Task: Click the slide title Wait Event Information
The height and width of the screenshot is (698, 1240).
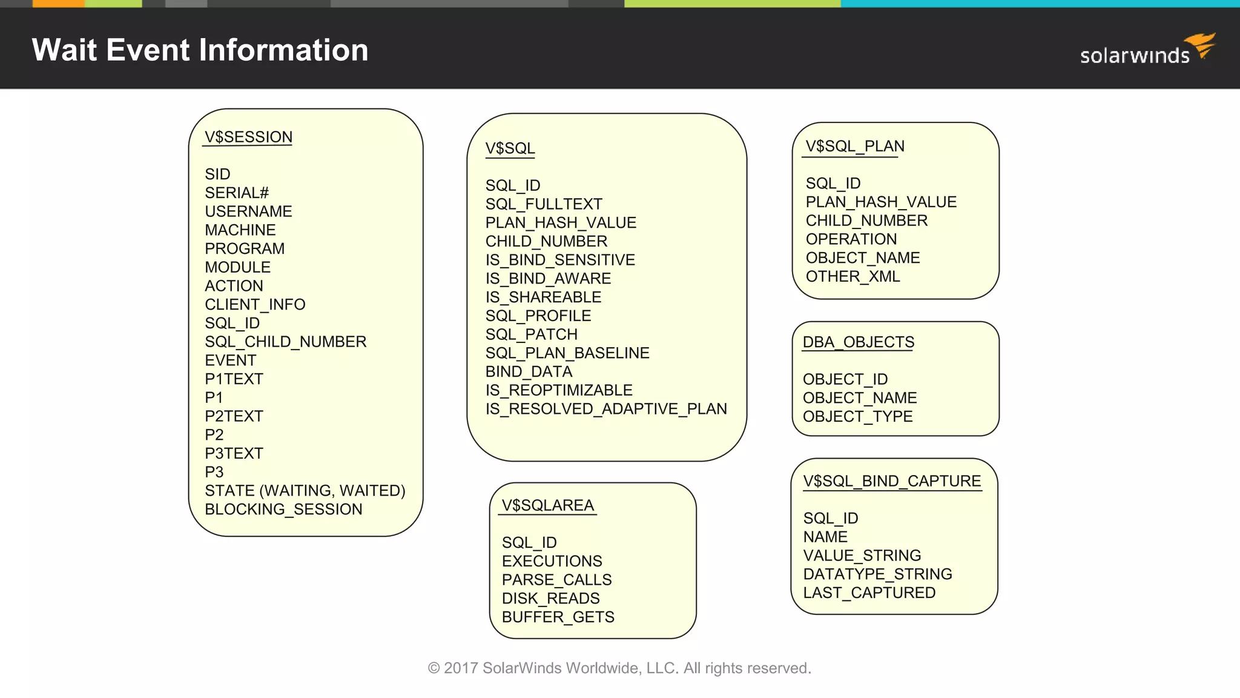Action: click(200, 50)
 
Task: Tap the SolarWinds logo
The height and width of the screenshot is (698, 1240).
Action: click(1147, 51)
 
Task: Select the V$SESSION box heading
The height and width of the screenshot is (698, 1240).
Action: click(248, 137)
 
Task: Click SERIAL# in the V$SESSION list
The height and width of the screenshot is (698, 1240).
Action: click(236, 193)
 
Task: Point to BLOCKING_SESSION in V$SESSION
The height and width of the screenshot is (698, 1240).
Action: click(283, 509)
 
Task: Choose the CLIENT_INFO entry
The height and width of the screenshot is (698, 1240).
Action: click(255, 304)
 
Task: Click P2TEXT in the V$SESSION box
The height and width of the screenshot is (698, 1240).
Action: click(234, 416)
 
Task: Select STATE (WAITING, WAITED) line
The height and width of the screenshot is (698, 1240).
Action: click(305, 490)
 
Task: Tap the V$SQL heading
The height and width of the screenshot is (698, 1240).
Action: click(510, 148)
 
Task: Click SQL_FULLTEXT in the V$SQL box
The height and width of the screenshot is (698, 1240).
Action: click(543, 204)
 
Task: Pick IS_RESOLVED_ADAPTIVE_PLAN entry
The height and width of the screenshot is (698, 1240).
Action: click(605, 409)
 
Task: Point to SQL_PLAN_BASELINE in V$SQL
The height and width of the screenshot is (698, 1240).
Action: click(567, 353)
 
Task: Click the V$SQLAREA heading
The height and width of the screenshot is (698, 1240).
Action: click(547, 505)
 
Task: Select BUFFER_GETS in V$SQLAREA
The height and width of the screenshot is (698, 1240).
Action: click(558, 617)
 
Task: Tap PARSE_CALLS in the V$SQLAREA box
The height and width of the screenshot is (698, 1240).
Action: click(556, 580)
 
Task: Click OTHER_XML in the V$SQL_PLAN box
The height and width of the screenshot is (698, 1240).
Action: click(852, 276)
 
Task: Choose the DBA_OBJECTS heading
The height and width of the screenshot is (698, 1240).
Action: click(858, 342)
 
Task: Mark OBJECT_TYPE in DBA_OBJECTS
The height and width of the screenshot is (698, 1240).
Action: click(857, 417)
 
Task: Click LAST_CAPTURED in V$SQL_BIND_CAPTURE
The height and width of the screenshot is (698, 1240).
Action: click(869, 593)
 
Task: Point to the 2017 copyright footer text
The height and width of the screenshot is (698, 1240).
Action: click(619, 668)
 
